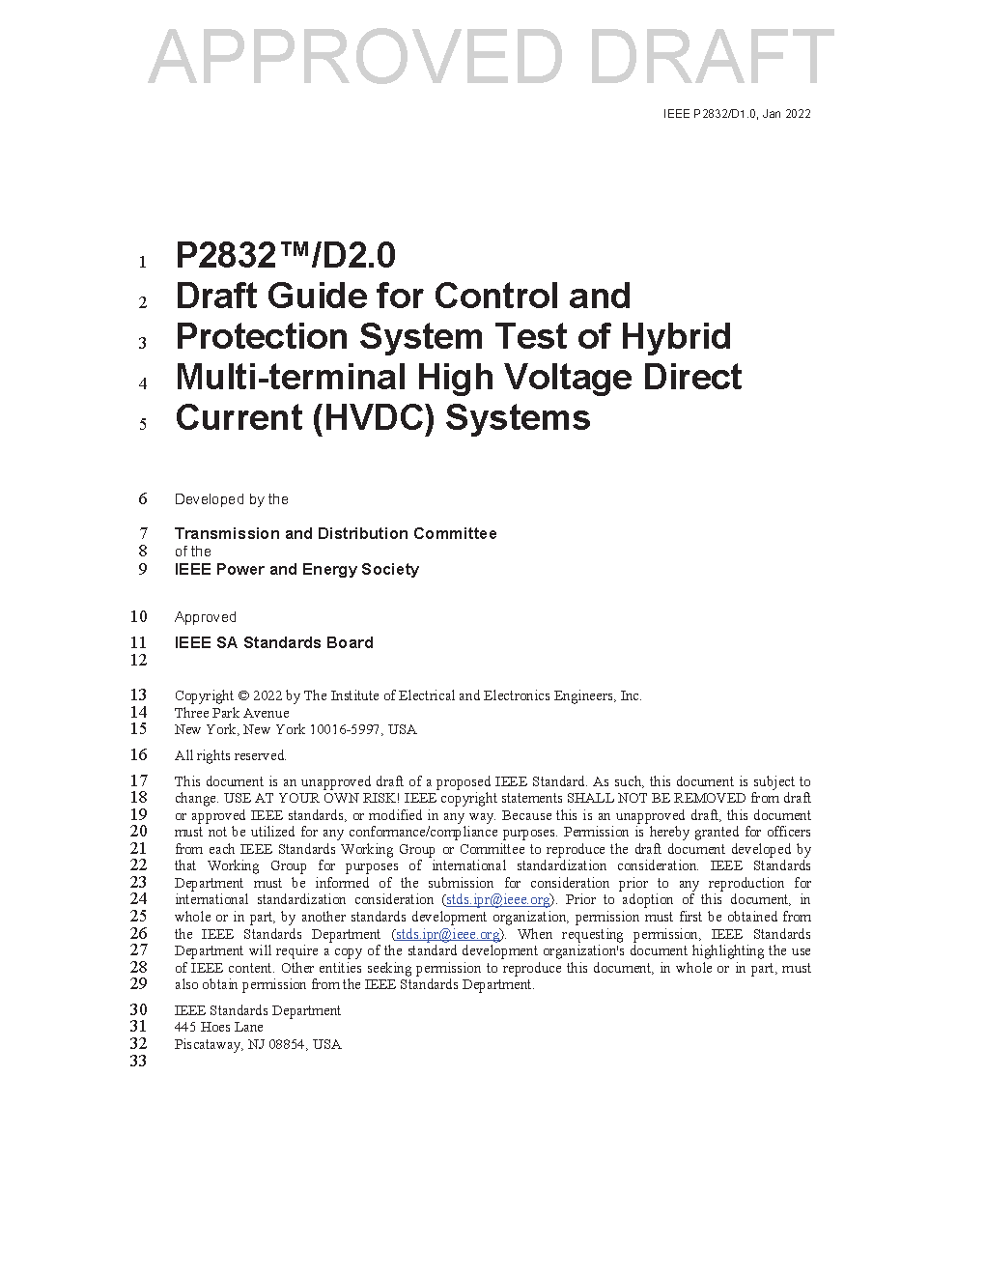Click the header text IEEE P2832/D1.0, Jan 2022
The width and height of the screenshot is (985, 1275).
[737, 114]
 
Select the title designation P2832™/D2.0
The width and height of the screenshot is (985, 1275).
[285, 256]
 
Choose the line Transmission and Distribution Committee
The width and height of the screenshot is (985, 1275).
[335, 533]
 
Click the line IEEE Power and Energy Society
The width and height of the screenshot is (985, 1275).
[296, 569]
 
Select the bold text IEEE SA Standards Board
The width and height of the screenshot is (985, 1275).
[273, 642]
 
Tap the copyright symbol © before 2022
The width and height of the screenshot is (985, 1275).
[243, 695]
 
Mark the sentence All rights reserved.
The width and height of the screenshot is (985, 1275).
[230, 755]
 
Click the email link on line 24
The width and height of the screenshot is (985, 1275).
[497, 900]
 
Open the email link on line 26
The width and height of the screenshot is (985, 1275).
[448, 934]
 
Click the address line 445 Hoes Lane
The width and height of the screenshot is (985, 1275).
[218, 1027]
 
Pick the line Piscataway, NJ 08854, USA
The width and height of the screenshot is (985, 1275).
[258, 1044]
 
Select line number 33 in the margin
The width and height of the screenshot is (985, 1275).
[138, 1061]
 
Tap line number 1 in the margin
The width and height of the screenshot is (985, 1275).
[142, 262]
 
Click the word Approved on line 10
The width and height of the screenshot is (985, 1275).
[205, 617]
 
